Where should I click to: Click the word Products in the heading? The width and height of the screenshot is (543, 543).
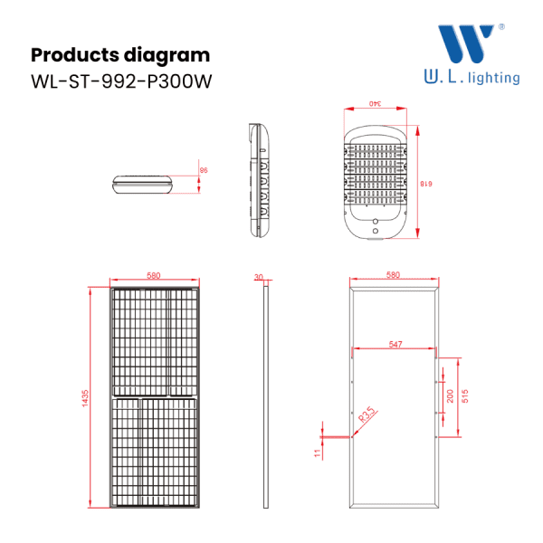tap(75, 54)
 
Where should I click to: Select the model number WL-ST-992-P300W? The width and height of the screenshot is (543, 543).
tap(121, 81)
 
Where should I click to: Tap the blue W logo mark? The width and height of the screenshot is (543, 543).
tap(466, 43)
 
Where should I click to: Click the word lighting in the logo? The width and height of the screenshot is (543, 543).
tap(494, 78)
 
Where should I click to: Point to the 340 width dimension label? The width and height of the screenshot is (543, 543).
tap(375, 103)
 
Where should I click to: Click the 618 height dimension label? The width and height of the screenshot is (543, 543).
tap(426, 184)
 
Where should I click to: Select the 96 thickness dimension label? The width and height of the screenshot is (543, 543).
tap(204, 170)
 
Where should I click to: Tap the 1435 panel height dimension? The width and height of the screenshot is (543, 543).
tap(85, 398)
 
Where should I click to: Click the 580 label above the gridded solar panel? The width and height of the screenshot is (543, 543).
tap(154, 275)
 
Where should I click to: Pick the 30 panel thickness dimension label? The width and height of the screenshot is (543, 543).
tap(258, 277)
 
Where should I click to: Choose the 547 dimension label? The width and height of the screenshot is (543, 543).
tap(395, 344)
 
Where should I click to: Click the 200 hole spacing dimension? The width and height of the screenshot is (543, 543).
tap(450, 396)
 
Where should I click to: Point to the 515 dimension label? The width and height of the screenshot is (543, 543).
tap(465, 396)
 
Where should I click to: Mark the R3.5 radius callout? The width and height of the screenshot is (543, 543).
tap(367, 414)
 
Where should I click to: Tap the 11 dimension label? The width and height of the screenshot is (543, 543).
tap(318, 453)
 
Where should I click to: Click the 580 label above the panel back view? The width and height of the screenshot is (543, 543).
tap(393, 274)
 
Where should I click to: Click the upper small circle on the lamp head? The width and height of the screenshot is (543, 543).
tap(376, 222)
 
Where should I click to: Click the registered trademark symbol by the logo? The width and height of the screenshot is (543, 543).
tap(501, 26)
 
